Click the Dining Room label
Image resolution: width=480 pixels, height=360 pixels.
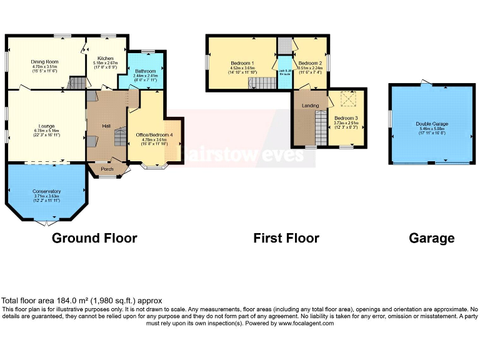[44, 62]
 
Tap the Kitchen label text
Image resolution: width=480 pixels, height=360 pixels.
[105, 58]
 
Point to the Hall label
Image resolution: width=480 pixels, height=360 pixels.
[106, 126]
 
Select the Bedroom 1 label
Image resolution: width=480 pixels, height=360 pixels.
[241, 63]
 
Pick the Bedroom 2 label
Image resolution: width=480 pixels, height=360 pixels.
[310, 63]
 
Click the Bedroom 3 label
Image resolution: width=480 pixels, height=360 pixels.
[346, 118]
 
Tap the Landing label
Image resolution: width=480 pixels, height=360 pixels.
[310, 106]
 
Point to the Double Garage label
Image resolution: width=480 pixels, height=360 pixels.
[432, 124]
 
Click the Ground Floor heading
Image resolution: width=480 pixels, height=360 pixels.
[94, 238]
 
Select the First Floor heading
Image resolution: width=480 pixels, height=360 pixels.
[286, 238]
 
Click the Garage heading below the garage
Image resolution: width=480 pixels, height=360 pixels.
[431, 238]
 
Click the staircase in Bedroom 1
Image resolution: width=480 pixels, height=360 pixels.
[263, 83]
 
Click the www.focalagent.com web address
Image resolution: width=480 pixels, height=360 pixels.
[306, 324]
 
